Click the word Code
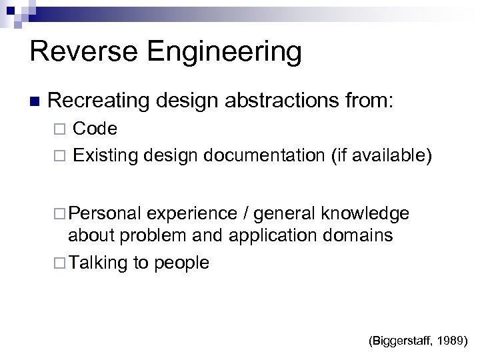95,128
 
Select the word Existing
104,156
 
